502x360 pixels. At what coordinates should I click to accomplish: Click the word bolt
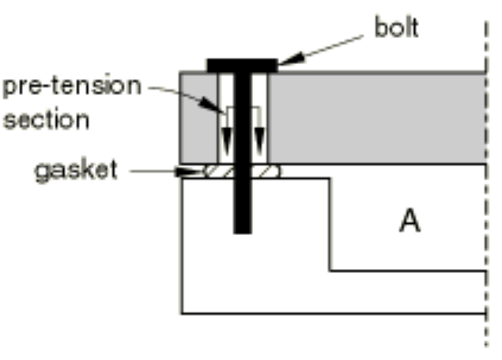396,28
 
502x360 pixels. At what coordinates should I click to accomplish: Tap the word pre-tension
72,85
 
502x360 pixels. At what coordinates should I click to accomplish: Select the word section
46,119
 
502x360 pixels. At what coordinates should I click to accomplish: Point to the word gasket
76,172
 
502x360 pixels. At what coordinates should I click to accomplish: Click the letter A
410,221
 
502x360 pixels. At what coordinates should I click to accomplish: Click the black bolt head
242,66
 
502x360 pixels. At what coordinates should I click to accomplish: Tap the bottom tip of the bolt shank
243,233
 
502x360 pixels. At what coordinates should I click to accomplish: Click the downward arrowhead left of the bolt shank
227,142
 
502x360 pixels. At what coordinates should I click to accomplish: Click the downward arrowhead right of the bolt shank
259,142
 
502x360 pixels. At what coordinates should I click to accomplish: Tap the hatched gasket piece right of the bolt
266,172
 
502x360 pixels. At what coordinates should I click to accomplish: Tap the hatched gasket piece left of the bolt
219,172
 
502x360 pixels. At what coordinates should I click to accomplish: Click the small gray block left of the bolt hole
198,119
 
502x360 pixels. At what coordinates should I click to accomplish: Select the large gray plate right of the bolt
377,119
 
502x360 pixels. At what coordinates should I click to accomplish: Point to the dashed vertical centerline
486,184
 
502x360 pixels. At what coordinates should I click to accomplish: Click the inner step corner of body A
330,271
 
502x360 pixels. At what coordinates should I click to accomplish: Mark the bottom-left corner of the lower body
182,313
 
